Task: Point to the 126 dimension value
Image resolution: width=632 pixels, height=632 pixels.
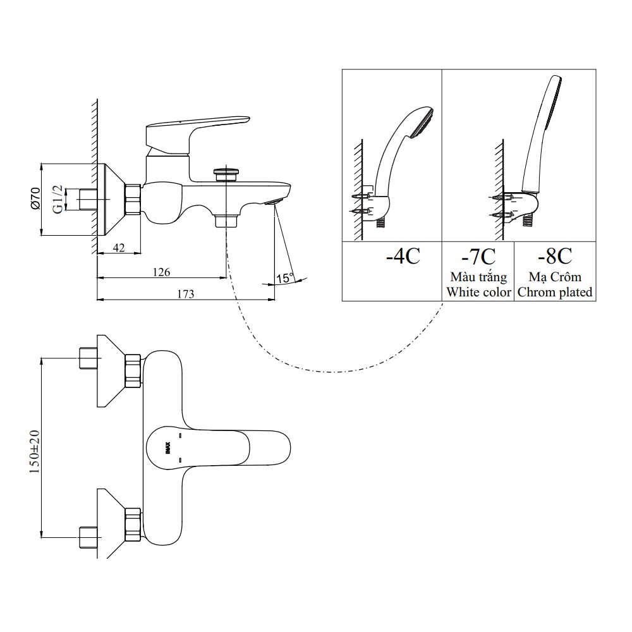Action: [162, 272]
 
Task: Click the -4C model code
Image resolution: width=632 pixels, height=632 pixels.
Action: [403, 256]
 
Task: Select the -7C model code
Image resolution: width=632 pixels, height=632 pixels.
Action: [478, 256]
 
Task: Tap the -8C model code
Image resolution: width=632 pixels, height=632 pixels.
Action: [554, 256]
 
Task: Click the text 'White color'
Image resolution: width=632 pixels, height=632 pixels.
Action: [478, 292]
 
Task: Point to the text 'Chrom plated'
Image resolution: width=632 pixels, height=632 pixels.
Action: [554, 292]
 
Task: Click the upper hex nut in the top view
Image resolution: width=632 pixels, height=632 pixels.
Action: [133, 371]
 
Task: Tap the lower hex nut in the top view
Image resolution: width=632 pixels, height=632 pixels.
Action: [133, 524]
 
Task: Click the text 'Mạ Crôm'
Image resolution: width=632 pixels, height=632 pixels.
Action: [554, 277]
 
